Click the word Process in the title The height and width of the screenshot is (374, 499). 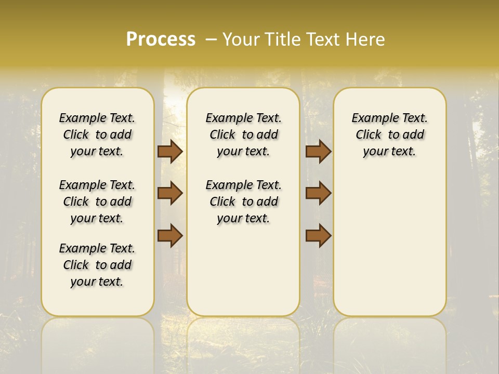click(161, 39)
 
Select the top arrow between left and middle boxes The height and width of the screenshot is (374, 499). click(170, 151)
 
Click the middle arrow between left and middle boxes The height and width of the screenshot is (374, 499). click(170, 193)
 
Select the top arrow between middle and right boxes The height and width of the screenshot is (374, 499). click(318, 151)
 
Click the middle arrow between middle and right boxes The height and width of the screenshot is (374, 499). click(318, 193)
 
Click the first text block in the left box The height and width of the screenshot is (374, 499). click(97, 135)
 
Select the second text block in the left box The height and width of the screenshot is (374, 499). click(97, 202)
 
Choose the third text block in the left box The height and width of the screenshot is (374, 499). click(97, 265)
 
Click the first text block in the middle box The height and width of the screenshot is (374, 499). click(243, 135)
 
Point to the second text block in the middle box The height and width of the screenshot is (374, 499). click(243, 202)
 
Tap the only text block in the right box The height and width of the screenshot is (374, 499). click(389, 135)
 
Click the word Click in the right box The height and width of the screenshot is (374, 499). click(369, 135)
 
